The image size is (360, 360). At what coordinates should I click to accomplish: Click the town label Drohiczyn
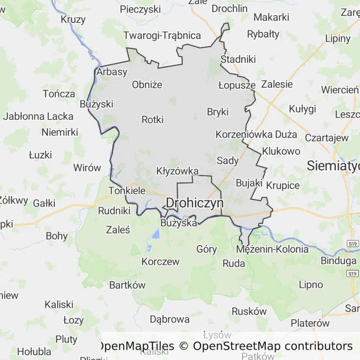195,203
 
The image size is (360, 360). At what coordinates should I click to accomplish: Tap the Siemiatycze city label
333,165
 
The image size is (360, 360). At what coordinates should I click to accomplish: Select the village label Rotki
152,120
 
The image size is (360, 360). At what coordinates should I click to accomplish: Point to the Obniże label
147,85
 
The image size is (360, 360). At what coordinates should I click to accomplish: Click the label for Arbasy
112,72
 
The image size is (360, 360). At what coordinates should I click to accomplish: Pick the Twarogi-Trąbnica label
162,36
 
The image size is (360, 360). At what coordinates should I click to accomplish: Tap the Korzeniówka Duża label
256,135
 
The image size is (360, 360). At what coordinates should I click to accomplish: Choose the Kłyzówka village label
177,171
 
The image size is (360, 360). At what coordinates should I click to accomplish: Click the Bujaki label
248,183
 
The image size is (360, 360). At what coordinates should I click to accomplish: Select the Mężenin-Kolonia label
272,249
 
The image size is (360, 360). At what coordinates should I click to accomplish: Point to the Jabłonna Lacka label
38,116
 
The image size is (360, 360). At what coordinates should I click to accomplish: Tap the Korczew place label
160,262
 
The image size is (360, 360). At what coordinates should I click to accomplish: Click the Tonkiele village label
127,191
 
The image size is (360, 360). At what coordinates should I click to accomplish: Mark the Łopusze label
237,85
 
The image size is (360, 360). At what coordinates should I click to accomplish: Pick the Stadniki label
238,60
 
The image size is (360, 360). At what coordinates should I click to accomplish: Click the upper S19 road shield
352,244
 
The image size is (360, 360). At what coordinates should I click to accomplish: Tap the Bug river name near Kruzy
90,54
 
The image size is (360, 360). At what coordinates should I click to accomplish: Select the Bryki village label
217,112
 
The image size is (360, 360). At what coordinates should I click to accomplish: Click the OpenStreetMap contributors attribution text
272,346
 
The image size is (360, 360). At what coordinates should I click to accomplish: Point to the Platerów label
310,323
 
